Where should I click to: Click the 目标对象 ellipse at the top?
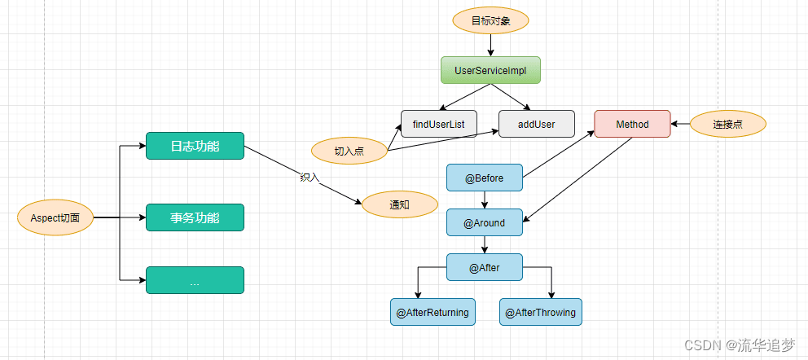click(x=490, y=20)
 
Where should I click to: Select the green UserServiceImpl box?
click(x=490, y=70)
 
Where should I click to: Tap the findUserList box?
click(x=438, y=124)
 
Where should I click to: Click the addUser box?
click(x=537, y=124)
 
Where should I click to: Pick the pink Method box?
click(x=632, y=124)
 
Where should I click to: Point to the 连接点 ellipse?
click(x=728, y=124)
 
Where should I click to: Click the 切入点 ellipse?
click(x=349, y=151)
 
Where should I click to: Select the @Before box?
click(x=485, y=178)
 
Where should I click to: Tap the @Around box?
click(x=485, y=222)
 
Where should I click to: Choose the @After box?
click(x=485, y=267)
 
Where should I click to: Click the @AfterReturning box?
click(x=433, y=312)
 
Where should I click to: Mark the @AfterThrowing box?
click(x=540, y=312)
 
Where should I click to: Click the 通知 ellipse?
click(x=399, y=204)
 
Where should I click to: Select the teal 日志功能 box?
click(x=195, y=146)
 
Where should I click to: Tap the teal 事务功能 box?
click(x=195, y=217)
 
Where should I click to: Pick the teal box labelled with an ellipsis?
click(x=195, y=280)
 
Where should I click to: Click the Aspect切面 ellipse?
click(x=55, y=218)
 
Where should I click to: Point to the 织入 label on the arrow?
click(x=310, y=177)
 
